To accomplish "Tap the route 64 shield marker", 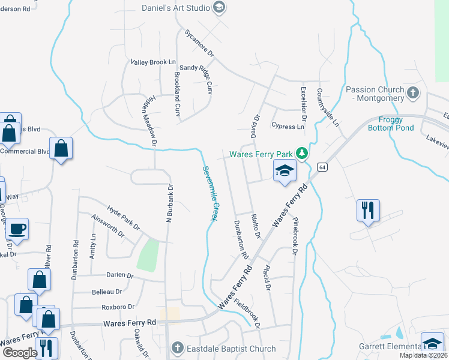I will point(322,166).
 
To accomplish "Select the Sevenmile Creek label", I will point(209,193).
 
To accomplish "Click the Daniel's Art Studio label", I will point(175,8).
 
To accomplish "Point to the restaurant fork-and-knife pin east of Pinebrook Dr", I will point(367,211).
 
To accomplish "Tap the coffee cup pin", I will point(17,229).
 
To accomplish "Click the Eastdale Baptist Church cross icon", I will point(176,348).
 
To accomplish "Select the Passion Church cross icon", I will point(412,93).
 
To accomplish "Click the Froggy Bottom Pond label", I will point(397,124).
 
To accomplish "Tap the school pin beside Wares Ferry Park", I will point(285,171).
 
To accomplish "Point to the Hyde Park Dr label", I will point(123,218).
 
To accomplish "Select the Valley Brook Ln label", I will point(153,62).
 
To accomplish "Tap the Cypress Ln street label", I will point(288,127).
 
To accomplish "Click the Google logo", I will point(20,353).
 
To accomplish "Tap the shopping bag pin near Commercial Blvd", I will point(61,148).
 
